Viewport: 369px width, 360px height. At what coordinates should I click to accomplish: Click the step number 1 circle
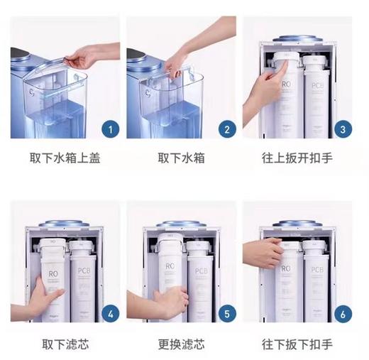(x=109, y=129)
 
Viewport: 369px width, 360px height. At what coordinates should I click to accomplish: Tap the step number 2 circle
(x=226, y=129)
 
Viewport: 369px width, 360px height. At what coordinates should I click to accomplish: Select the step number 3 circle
(x=343, y=129)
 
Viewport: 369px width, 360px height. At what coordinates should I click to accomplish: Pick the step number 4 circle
(x=109, y=312)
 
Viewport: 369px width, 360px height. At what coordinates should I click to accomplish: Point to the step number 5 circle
(x=226, y=312)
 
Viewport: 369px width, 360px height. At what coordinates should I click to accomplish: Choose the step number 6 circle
(x=343, y=312)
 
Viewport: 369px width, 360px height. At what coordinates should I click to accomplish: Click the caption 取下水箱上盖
(x=66, y=158)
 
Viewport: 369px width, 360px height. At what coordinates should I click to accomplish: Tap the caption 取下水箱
(x=182, y=158)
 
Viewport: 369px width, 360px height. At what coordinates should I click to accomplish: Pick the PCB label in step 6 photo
(x=317, y=271)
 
